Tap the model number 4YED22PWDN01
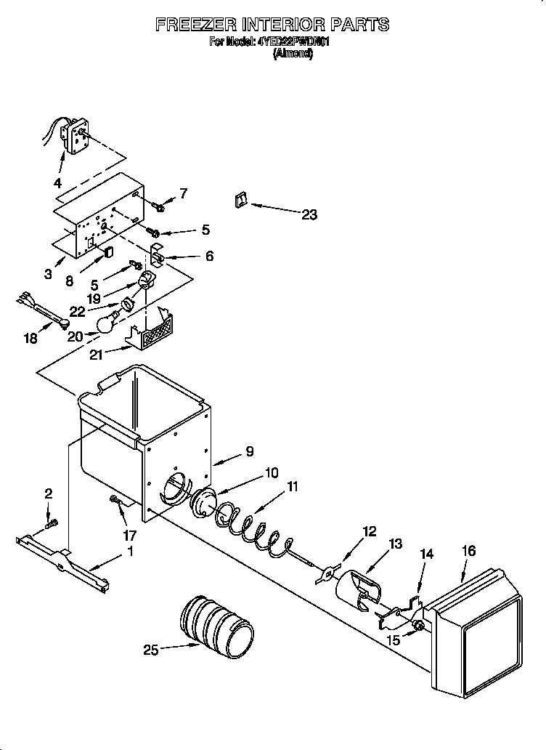[x=294, y=42]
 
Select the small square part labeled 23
[x=240, y=201]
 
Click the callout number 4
[x=58, y=182]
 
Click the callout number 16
[x=468, y=551]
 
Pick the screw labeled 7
[x=160, y=208]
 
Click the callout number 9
[x=249, y=451]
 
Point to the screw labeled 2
[x=51, y=523]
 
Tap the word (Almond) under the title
[x=293, y=54]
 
